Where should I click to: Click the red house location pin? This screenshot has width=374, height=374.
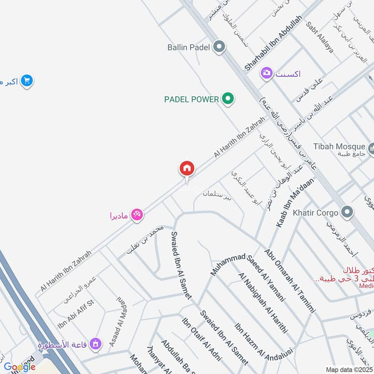coord(187,168)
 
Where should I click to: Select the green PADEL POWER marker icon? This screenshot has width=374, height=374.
coord(228,99)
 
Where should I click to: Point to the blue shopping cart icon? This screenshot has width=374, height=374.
coord(27,81)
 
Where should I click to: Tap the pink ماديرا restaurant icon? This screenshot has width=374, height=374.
coord(137,215)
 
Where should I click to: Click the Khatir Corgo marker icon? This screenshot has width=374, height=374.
coord(347,213)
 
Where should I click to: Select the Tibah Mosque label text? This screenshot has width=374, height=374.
coord(338,146)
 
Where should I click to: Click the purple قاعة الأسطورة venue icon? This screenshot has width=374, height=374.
coord(96,345)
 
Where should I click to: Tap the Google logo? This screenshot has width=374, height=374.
coord(19,367)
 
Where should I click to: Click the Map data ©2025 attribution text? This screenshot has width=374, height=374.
coord(349,369)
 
